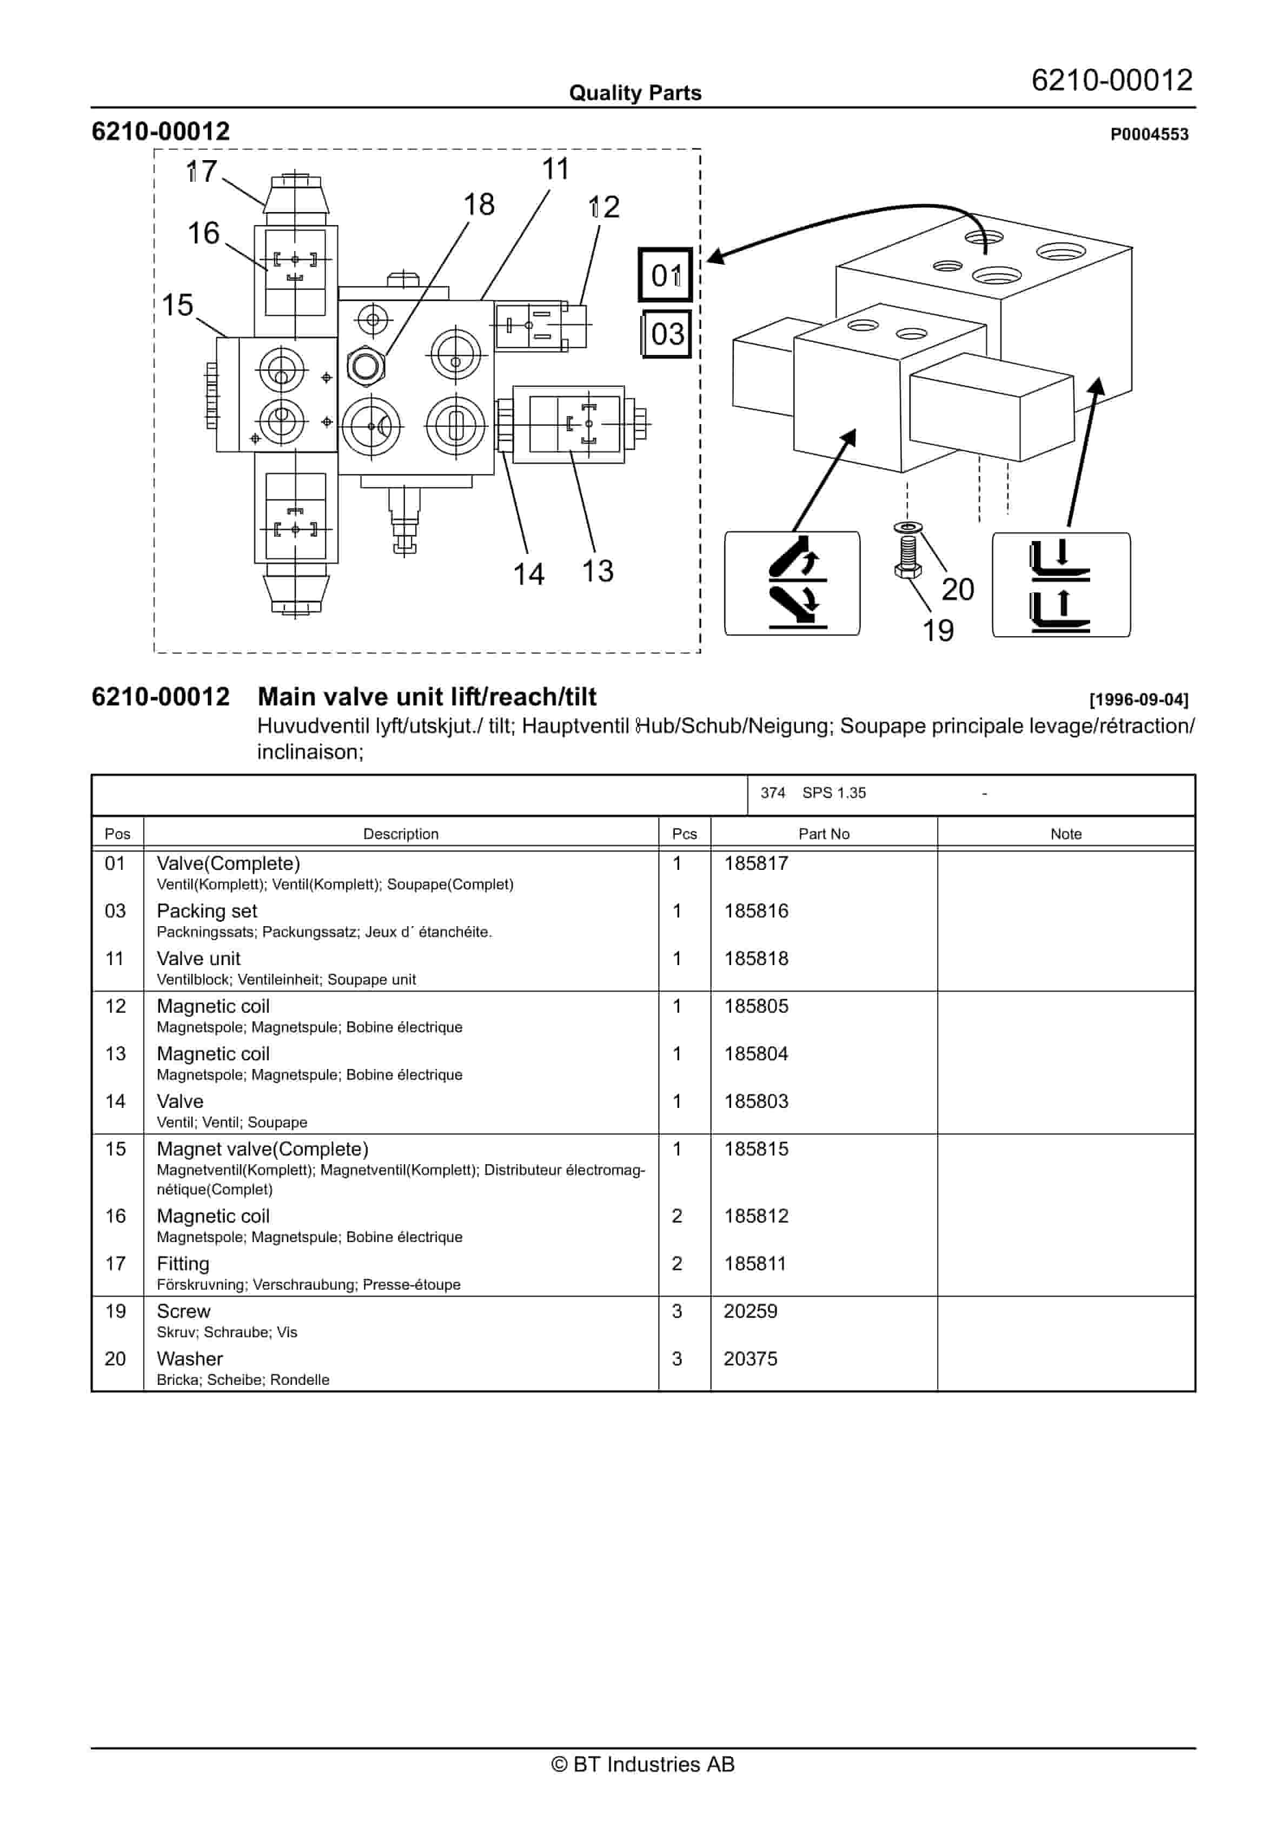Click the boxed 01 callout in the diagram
point(665,275)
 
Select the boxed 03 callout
point(666,334)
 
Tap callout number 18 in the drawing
point(479,204)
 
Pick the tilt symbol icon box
point(791,583)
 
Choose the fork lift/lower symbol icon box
point(1061,585)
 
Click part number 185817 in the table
point(755,863)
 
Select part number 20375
point(750,1358)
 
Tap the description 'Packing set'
point(207,911)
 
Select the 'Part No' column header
point(823,834)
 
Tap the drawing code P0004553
point(1148,135)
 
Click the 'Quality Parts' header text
point(635,93)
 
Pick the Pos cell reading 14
point(116,1101)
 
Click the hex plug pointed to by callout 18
point(366,366)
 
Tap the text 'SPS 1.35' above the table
point(833,793)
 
